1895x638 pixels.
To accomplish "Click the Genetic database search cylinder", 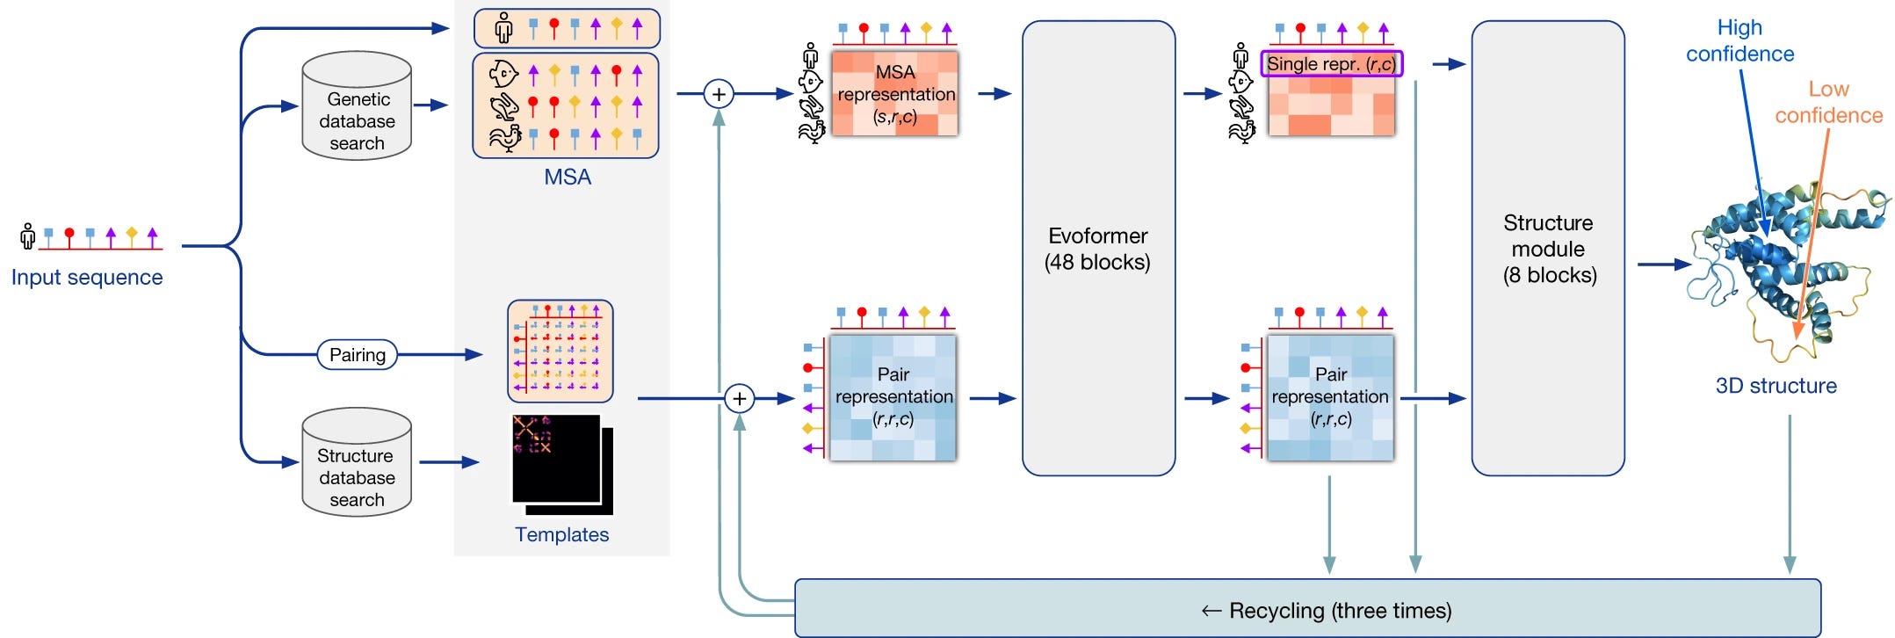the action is tap(357, 105).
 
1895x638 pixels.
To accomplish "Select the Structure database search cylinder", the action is tap(357, 462).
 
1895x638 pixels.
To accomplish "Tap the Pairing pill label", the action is tap(358, 355).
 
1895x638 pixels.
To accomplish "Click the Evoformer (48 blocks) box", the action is tap(1098, 249).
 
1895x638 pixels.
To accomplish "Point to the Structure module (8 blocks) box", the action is tap(1548, 249).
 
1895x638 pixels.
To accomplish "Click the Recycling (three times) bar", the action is tap(1307, 608).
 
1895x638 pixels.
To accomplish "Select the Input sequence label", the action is tap(87, 278).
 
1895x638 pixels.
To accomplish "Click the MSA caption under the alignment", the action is tap(568, 177).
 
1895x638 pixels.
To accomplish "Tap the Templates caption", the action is tap(561, 534).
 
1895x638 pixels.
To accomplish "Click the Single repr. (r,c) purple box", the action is tap(1332, 64).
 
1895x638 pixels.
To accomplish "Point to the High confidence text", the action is tap(1739, 40).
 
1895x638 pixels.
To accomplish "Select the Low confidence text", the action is tap(1828, 102).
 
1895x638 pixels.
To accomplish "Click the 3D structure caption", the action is tap(1776, 386).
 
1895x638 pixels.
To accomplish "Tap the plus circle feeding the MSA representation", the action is tap(719, 93).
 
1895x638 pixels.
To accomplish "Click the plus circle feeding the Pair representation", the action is tap(740, 399).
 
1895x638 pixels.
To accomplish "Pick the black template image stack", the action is tap(562, 465).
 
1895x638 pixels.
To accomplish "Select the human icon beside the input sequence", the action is tap(28, 236).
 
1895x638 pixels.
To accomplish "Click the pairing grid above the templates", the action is tap(561, 352).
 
